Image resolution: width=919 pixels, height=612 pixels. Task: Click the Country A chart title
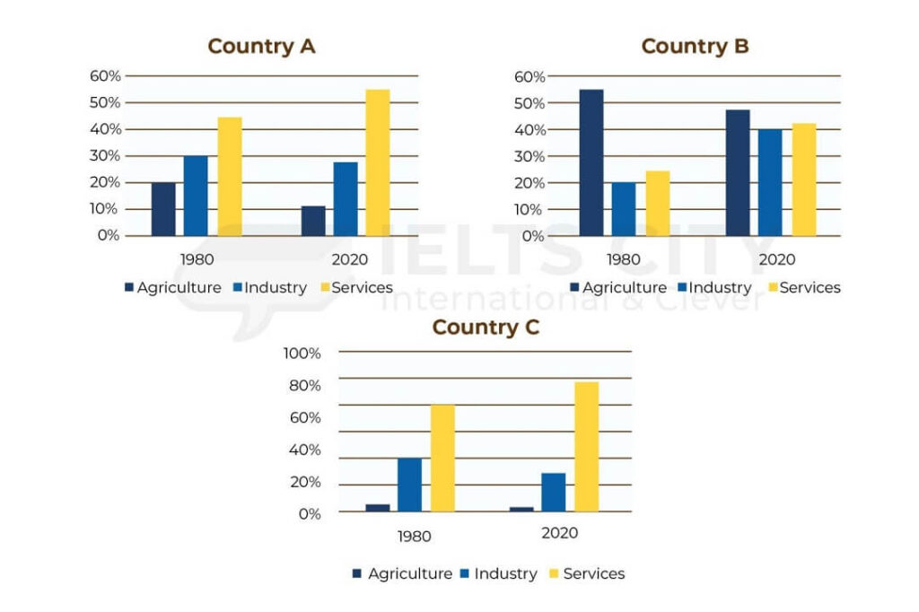pyautogui.click(x=261, y=46)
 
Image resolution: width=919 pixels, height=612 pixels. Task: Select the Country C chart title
pyautogui.click(x=486, y=327)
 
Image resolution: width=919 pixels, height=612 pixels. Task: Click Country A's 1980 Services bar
pyautogui.click(x=229, y=177)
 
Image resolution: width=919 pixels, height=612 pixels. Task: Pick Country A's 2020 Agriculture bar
pyautogui.click(x=313, y=221)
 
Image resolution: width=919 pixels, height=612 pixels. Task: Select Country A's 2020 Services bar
pyautogui.click(x=378, y=162)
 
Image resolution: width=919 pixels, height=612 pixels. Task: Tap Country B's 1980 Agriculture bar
pyautogui.click(x=591, y=162)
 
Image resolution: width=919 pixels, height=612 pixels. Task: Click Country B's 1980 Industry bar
pyautogui.click(x=624, y=209)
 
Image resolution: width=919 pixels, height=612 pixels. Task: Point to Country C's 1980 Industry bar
pyautogui.click(x=409, y=485)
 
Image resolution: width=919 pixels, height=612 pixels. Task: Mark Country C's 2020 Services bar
pyautogui.click(x=587, y=447)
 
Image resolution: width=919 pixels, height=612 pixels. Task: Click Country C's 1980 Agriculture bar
pyautogui.click(x=378, y=508)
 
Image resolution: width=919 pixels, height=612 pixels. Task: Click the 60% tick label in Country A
pyautogui.click(x=104, y=76)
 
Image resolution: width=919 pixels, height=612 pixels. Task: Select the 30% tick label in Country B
pyautogui.click(x=529, y=156)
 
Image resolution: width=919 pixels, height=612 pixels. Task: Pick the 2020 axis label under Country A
pyautogui.click(x=348, y=259)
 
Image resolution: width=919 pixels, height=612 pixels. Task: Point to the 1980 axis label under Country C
pyautogui.click(x=413, y=536)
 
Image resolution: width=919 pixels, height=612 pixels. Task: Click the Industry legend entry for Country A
pyautogui.click(x=270, y=287)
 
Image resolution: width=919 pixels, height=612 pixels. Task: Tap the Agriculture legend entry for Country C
pyautogui.click(x=401, y=573)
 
